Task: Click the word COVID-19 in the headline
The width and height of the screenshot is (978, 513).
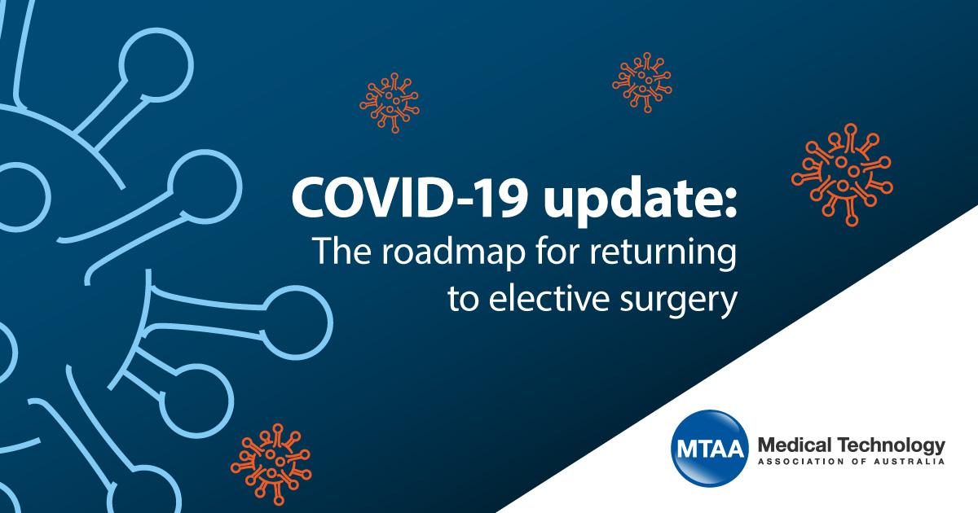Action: point(407,198)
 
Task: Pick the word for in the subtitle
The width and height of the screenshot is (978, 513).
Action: point(557,251)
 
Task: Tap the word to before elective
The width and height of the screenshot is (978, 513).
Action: point(463,300)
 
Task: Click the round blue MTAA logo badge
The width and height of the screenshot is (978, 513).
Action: point(709,448)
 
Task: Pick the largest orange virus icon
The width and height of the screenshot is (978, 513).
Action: point(842,174)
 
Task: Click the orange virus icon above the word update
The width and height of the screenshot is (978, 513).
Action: point(642,82)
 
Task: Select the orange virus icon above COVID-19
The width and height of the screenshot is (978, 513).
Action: point(390,103)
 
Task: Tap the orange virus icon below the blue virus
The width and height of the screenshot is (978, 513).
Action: point(271,464)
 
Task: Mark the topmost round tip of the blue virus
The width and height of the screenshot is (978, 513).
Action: point(156,65)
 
